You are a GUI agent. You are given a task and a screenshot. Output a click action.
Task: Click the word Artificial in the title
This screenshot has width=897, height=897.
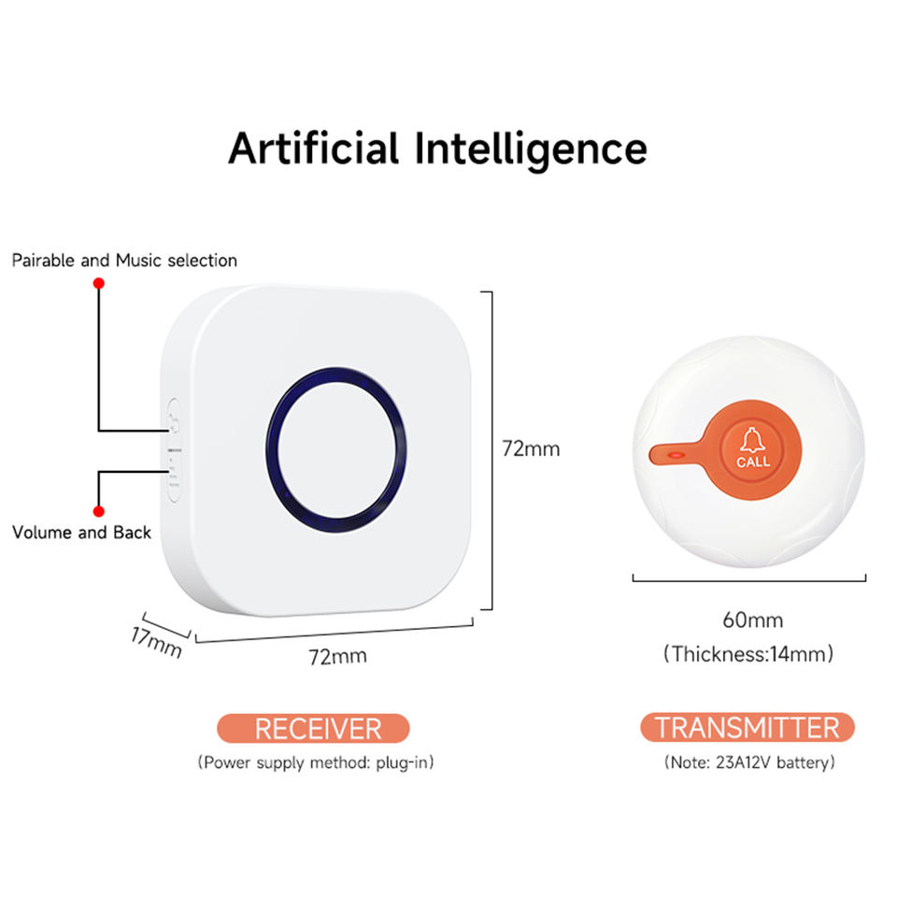[x=314, y=148]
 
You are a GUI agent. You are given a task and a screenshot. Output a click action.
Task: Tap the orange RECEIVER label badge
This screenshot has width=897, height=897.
[x=313, y=728]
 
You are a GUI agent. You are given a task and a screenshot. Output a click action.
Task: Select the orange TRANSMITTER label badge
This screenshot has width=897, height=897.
[x=747, y=727]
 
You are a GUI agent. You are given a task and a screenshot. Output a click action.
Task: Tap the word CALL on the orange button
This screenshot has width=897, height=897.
[x=753, y=462]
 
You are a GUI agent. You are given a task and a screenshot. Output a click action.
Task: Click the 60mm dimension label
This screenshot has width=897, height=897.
[x=752, y=619]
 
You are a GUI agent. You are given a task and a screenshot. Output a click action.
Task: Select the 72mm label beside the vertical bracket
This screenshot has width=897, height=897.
[x=531, y=448]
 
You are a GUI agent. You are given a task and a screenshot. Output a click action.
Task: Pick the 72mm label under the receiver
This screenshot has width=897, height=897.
[x=337, y=656]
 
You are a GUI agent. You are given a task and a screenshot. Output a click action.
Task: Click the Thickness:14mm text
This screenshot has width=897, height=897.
[x=748, y=653]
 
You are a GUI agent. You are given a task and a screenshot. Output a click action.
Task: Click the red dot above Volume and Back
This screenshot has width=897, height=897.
[x=98, y=511]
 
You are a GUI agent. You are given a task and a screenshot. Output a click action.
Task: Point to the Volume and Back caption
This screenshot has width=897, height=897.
[x=81, y=533]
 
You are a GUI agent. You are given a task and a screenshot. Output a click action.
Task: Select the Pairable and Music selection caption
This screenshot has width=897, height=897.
[x=124, y=261]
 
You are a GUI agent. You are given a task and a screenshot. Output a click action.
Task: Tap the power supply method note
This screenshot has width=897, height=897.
[x=316, y=762]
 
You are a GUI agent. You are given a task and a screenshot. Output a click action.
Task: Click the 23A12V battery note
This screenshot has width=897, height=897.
[x=748, y=762]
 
